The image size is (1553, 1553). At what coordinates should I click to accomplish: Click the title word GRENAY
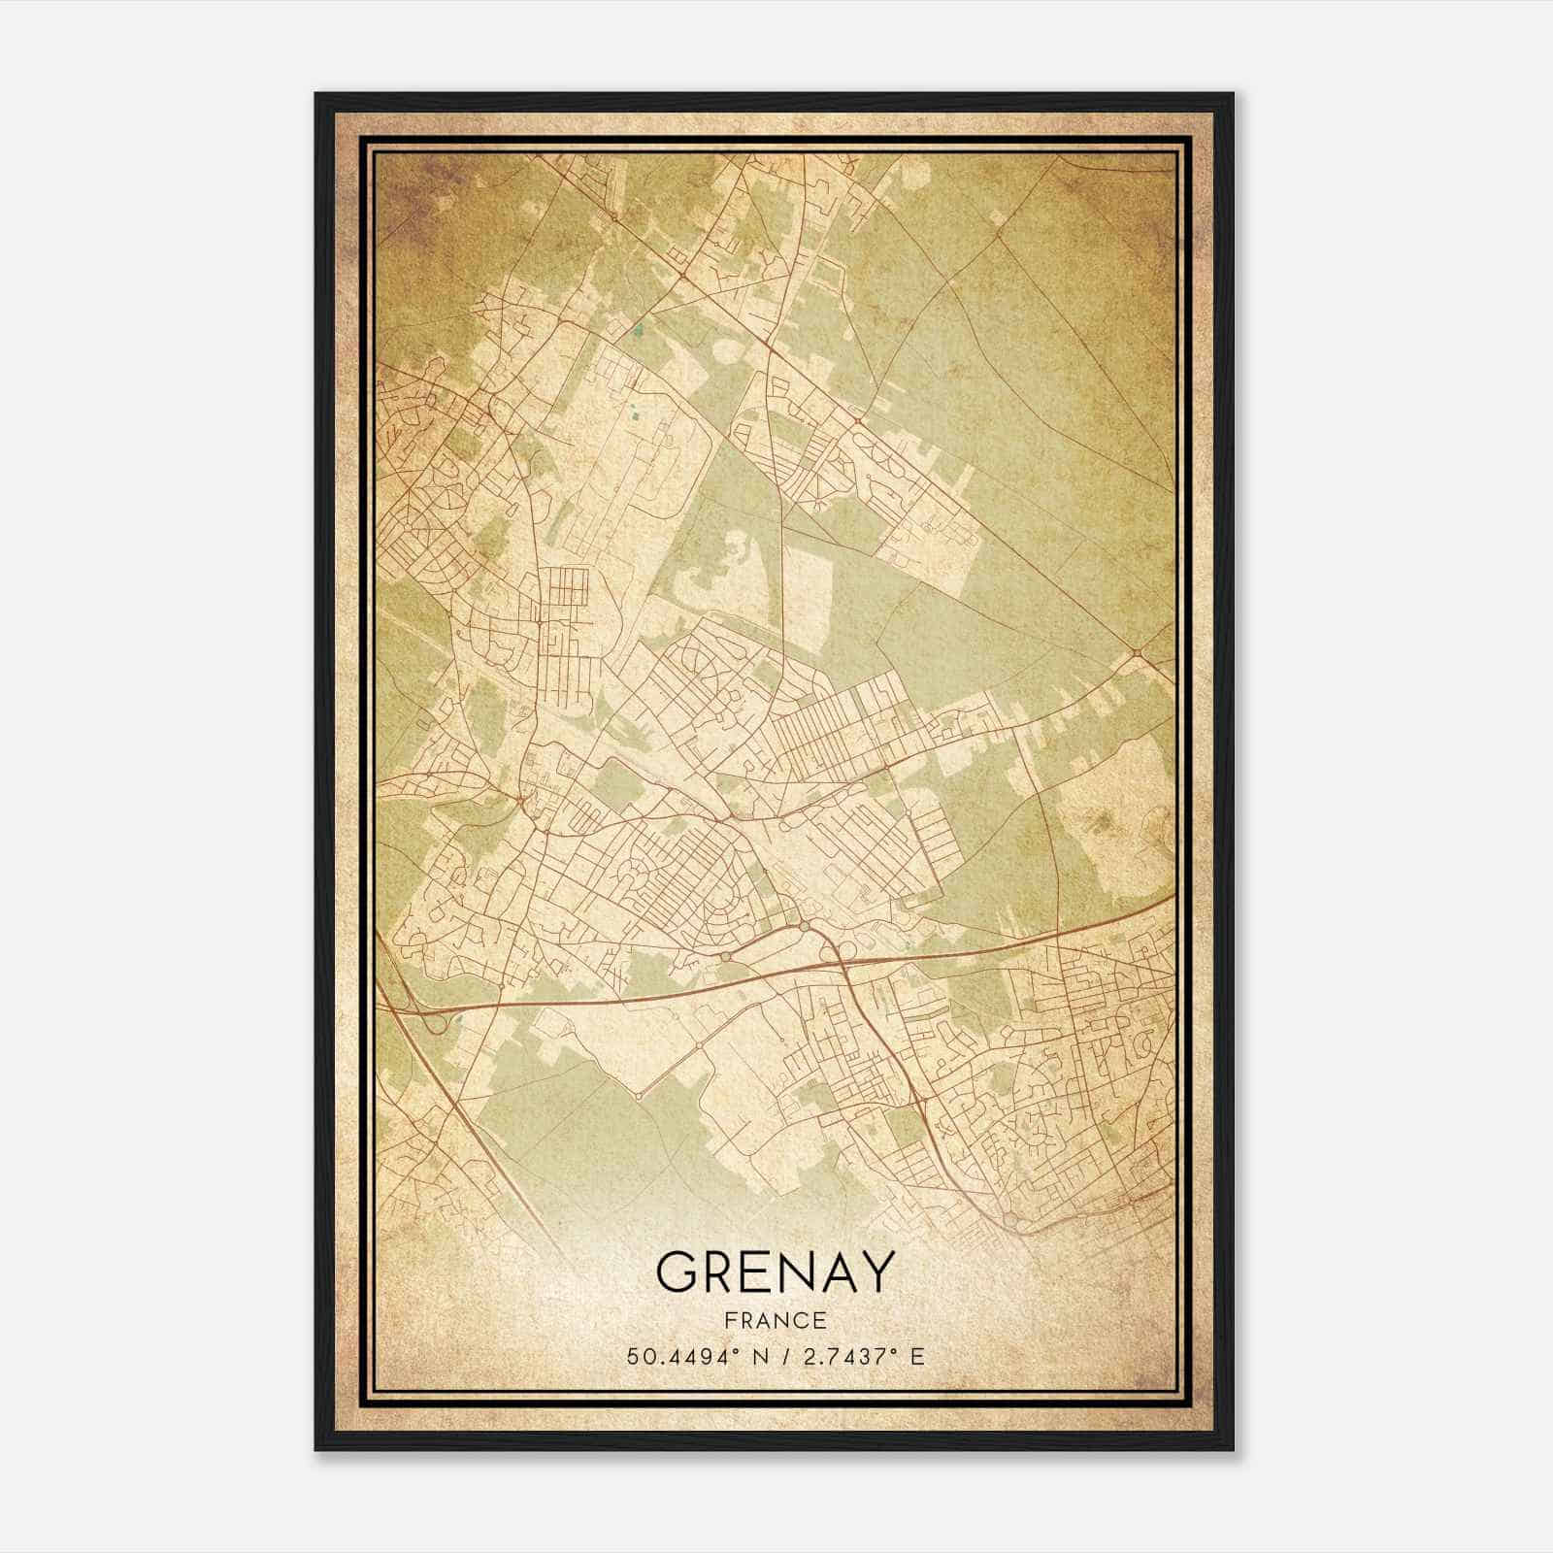point(775,1272)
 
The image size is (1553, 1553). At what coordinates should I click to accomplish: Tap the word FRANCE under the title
point(775,1321)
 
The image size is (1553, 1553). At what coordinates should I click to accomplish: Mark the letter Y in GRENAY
point(875,1272)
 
